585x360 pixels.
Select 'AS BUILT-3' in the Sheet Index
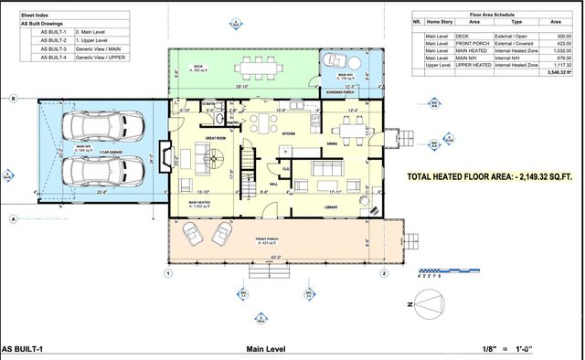[x=53, y=48]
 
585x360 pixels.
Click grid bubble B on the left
[x=13, y=98]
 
